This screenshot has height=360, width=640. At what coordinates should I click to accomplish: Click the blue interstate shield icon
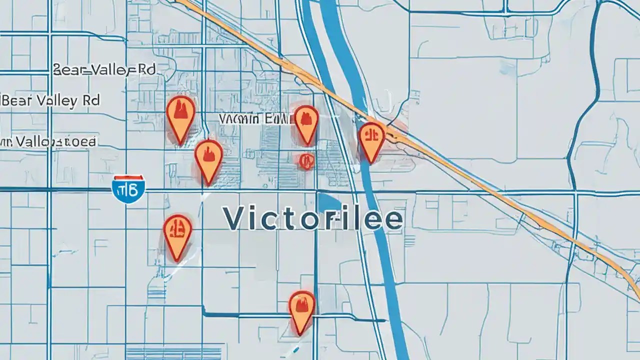click(128, 189)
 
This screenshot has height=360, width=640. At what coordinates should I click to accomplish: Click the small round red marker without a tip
click(305, 160)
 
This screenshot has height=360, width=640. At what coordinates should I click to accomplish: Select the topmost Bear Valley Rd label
click(104, 70)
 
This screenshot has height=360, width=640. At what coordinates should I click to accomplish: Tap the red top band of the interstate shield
click(128, 178)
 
